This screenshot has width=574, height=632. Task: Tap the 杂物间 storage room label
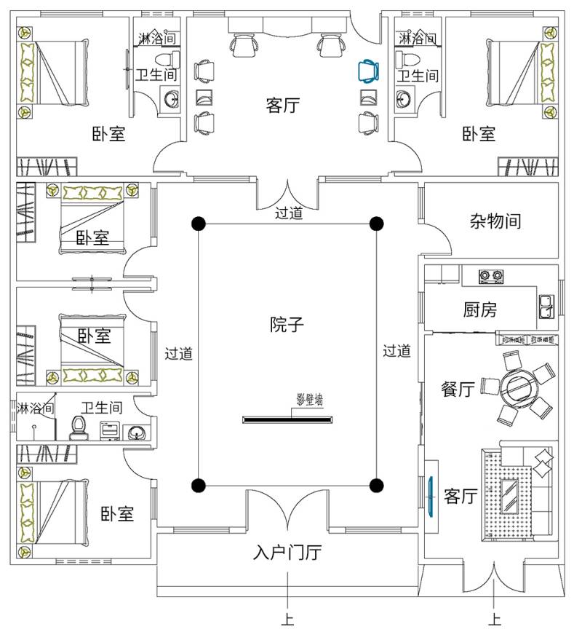click(x=495, y=221)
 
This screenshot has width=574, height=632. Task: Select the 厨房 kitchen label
click(x=479, y=309)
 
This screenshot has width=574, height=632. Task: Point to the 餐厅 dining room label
click(x=458, y=390)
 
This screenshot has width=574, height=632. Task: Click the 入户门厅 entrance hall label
click(x=287, y=553)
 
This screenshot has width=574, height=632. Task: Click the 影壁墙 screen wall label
click(x=310, y=400)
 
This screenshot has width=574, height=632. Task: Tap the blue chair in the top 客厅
click(x=369, y=71)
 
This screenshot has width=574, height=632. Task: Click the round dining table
click(x=518, y=387)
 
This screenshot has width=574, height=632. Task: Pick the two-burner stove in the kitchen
click(x=491, y=276)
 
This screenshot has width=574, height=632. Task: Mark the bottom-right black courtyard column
click(x=376, y=485)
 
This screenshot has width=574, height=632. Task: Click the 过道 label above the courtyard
click(x=289, y=214)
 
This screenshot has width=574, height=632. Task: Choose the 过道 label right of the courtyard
click(x=397, y=352)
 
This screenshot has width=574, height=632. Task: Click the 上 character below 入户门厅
click(x=288, y=620)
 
